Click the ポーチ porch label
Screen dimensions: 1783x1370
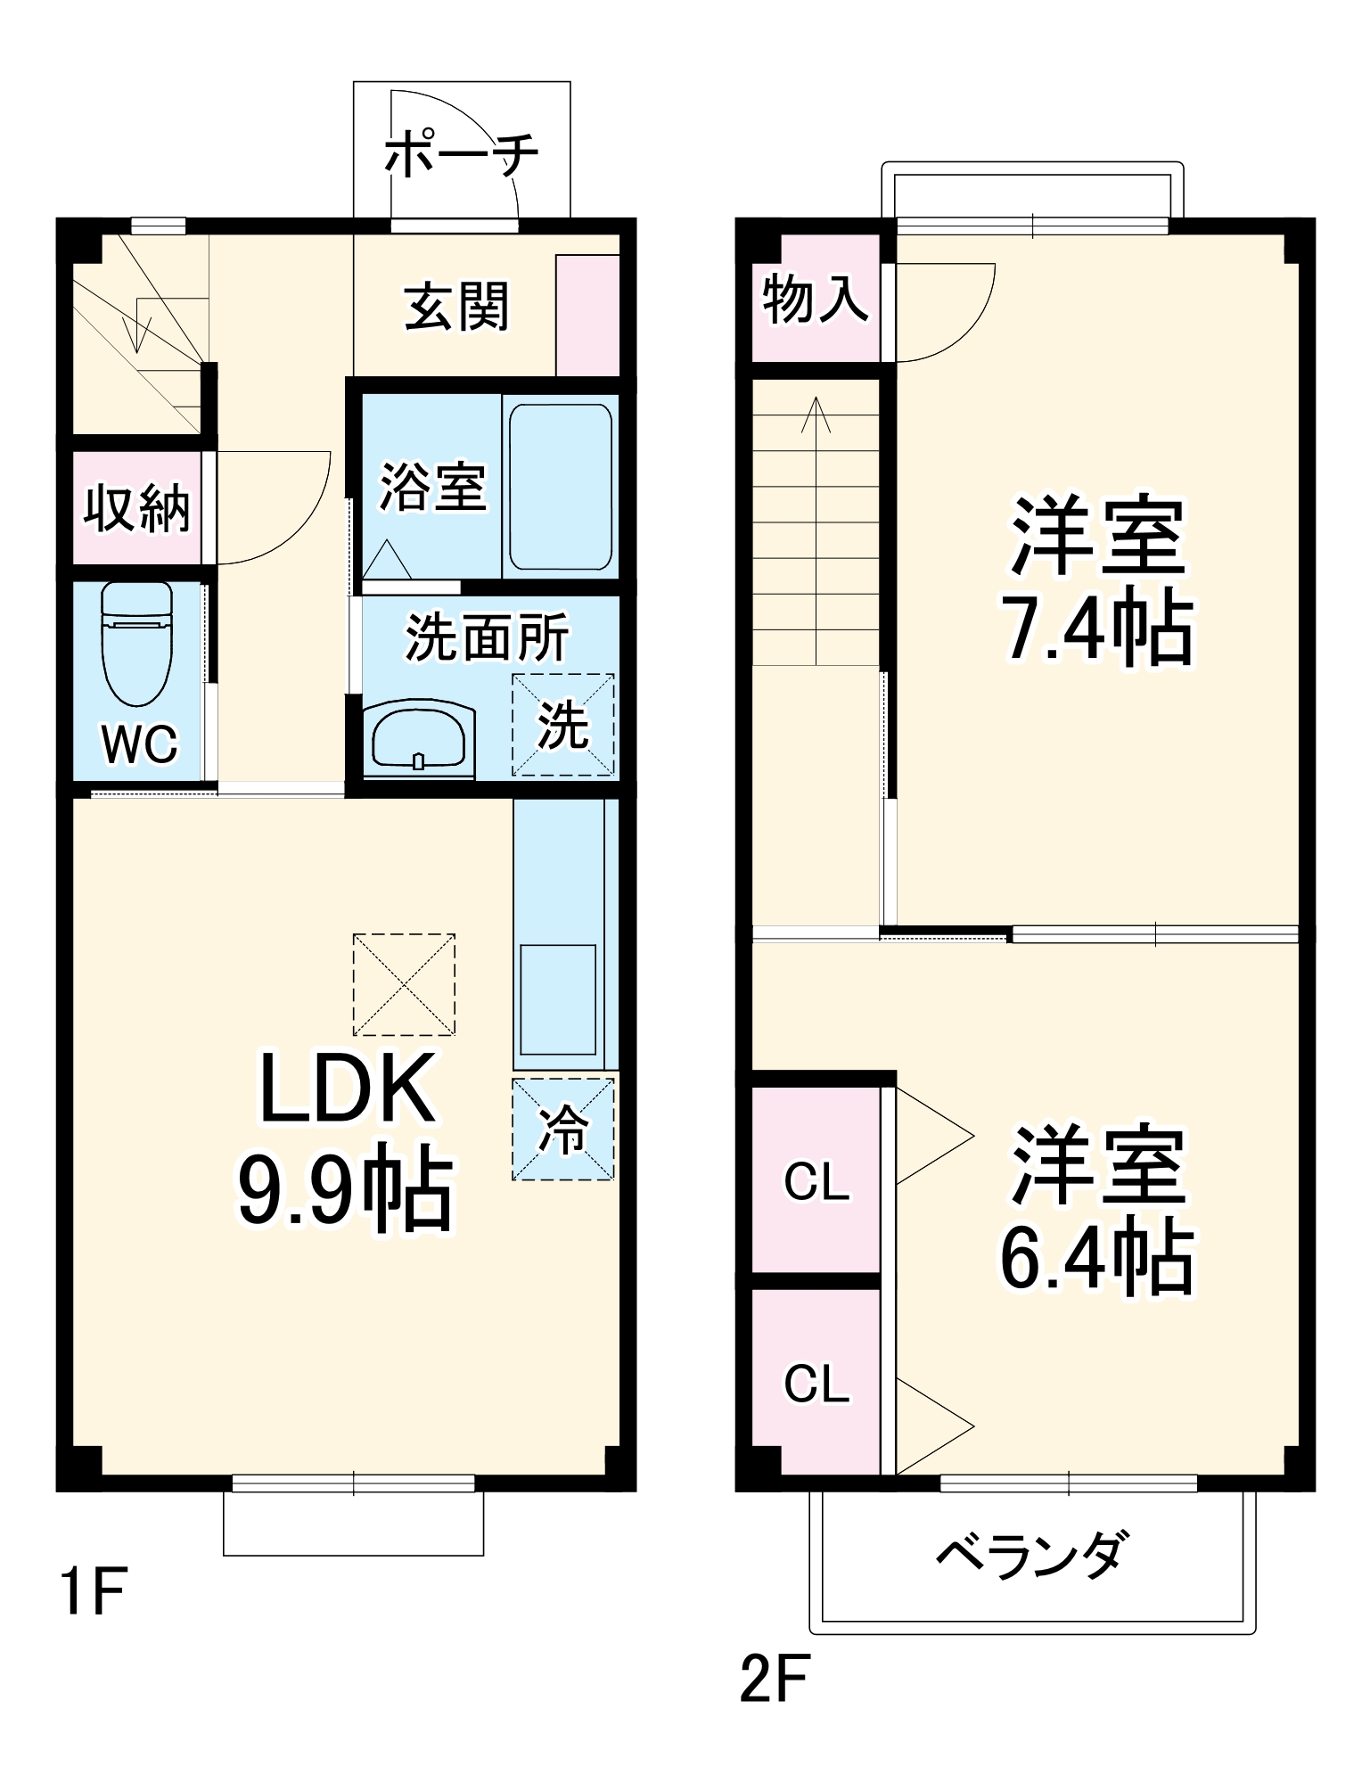[x=461, y=153]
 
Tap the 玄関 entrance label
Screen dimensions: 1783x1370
[x=456, y=306]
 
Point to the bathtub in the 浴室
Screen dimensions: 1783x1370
[x=560, y=486]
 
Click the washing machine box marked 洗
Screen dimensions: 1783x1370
[x=562, y=724]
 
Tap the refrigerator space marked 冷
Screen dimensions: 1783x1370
[x=562, y=1130]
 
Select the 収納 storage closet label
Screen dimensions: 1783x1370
[x=136, y=509]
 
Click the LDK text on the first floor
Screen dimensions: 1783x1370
[x=347, y=1089]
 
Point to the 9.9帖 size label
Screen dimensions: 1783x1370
[x=345, y=1187]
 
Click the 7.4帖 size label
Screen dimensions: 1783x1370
[x=1096, y=629]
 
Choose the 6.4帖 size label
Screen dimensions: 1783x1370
[x=1096, y=1258]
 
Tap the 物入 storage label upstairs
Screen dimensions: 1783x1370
[x=815, y=299]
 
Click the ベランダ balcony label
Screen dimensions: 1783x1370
[x=1032, y=1555]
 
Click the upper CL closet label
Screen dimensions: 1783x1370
[x=816, y=1183]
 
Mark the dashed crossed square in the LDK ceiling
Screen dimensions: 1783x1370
[x=404, y=984]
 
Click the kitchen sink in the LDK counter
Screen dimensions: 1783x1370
[x=558, y=999]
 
